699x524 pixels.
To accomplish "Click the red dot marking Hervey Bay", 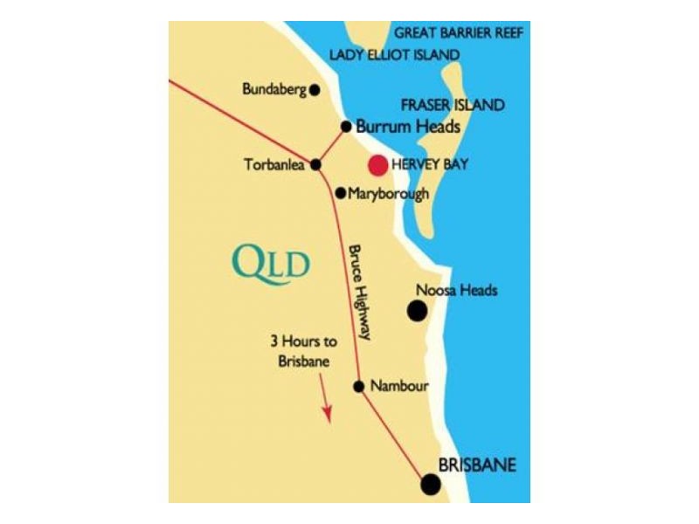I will (378, 164).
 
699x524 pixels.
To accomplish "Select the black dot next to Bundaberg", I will (315, 89).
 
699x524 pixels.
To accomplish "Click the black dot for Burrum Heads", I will (346, 126).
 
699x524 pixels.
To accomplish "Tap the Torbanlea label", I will (277, 164).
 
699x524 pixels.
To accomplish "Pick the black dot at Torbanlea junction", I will (315, 164).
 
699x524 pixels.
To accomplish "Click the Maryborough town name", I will (389, 194).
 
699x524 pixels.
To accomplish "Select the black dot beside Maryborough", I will (340, 193).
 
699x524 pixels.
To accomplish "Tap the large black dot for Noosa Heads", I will (418, 310).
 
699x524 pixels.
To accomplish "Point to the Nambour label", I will (399, 386).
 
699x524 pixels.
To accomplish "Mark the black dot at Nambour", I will (358, 386).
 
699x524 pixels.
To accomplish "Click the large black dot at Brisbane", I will (430, 485).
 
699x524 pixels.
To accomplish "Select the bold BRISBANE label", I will (477, 465).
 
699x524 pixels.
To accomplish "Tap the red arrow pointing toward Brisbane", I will (326, 403).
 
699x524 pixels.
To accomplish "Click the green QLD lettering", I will (272, 261).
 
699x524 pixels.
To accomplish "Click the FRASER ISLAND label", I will (452, 106).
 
